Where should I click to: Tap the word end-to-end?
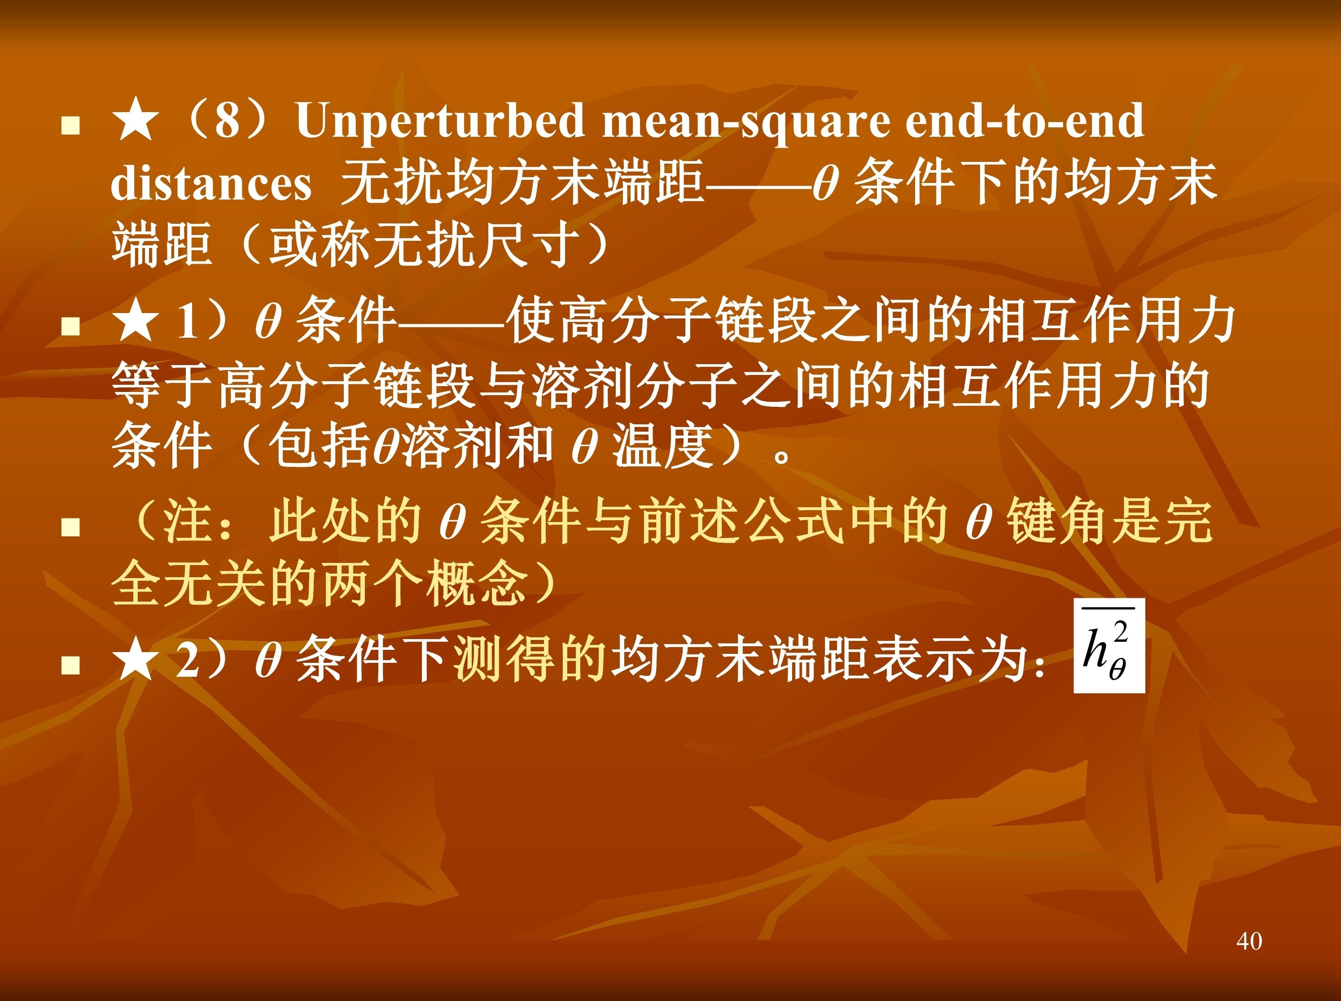(x=1025, y=120)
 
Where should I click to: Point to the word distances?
(x=211, y=183)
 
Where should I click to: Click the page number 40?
(x=1249, y=941)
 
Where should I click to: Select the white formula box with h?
(x=1109, y=646)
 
